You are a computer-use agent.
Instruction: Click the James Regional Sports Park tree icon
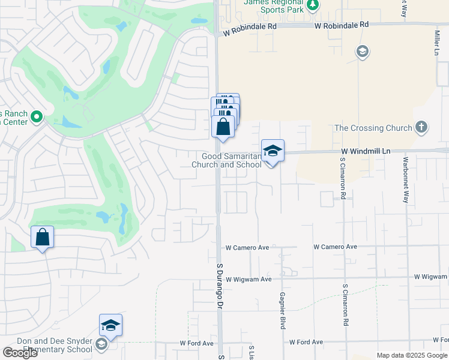point(312,5)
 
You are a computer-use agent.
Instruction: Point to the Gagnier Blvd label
point(282,310)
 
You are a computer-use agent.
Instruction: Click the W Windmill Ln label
point(366,152)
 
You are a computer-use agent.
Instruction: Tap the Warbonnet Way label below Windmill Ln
point(406,180)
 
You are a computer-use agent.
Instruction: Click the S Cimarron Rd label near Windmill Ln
point(343,179)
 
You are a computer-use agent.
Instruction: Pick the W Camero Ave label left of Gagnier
point(247,247)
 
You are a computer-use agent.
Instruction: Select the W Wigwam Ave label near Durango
point(250,279)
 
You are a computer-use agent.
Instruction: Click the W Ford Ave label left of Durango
point(197,343)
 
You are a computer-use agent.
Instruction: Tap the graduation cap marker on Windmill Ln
point(273,151)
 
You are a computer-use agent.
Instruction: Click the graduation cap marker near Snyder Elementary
point(110,325)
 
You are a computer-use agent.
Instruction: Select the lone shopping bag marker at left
point(43,237)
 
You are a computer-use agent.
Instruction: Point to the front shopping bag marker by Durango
point(223,127)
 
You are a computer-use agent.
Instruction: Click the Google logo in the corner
point(20,353)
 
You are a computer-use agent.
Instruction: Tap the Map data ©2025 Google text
point(412,355)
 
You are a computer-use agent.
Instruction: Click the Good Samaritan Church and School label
point(226,160)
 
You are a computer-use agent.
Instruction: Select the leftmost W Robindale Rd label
point(249,35)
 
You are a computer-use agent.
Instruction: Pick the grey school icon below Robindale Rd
point(362,52)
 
